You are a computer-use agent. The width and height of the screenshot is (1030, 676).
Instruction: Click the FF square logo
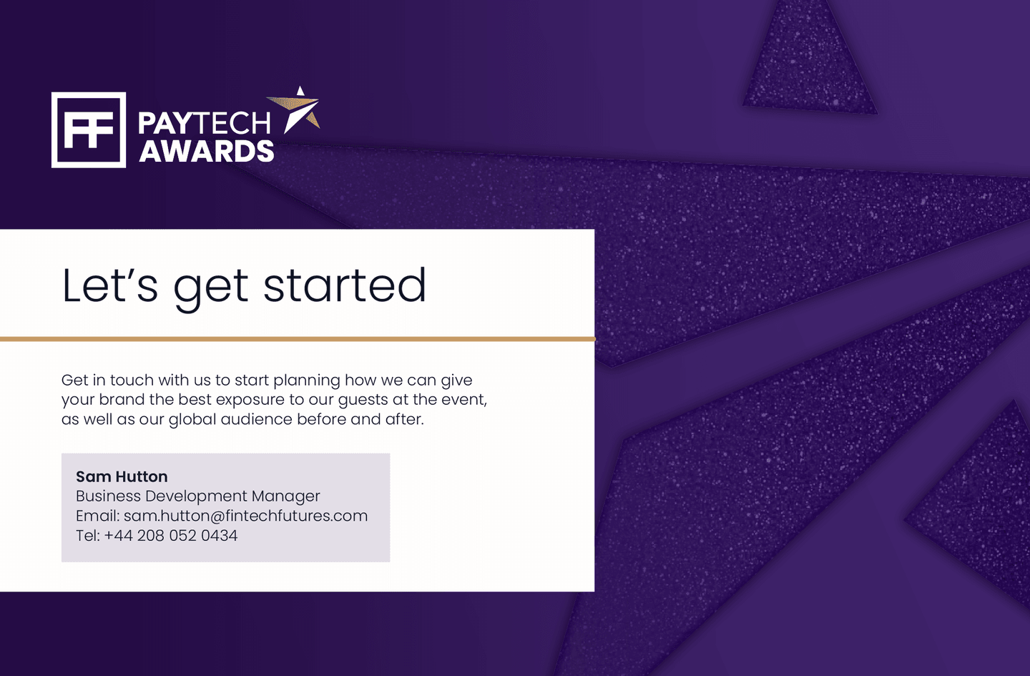point(89,129)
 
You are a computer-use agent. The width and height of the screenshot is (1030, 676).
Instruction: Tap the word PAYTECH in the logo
point(205,124)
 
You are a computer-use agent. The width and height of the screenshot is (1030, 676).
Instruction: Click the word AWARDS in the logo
point(207,152)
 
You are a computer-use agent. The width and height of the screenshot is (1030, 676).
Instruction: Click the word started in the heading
point(345,285)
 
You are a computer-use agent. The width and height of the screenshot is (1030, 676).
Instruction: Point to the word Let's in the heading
point(110,285)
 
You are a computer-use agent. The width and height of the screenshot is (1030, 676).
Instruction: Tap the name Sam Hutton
point(122,476)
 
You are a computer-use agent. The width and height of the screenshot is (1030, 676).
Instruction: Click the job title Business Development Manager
point(197,496)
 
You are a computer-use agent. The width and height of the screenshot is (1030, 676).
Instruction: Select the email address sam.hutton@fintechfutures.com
point(245,516)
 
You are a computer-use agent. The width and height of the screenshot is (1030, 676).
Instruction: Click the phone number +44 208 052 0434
point(170,536)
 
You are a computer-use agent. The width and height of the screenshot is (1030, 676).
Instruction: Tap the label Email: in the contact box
point(98,516)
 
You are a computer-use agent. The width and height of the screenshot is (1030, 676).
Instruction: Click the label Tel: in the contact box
point(88,536)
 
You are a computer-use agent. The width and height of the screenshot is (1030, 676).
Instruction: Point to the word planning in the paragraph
point(307,381)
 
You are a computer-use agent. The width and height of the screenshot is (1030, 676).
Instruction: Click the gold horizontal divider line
point(298,339)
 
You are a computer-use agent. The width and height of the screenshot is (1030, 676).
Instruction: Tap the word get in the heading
point(211,289)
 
